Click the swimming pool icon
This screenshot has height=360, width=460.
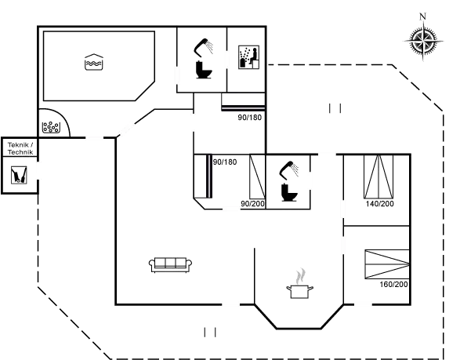click(x=94, y=62)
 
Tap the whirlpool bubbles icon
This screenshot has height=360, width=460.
click(x=52, y=127)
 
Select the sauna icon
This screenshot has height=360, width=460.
click(x=248, y=57)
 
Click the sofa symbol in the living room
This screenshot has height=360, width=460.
click(x=171, y=265)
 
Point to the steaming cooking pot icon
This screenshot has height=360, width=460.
click(x=300, y=284)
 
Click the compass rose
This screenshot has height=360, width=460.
click(x=423, y=41)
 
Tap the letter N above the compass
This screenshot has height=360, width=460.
click(x=422, y=16)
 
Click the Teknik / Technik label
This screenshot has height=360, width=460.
click(x=20, y=148)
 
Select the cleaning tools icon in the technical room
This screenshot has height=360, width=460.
click(x=19, y=175)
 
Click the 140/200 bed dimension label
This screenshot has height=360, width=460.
click(x=379, y=203)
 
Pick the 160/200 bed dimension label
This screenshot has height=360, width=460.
click(x=393, y=284)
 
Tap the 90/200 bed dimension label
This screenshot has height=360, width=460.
click(x=252, y=203)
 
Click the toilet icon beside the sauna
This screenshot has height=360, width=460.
click(x=204, y=70)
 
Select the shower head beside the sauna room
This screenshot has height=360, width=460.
click(x=203, y=47)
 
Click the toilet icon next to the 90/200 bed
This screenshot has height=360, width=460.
click(x=289, y=192)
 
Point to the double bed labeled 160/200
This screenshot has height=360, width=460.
click(x=387, y=264)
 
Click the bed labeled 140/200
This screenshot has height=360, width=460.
click(x=379, y=176)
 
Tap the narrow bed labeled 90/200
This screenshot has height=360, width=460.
click(x=258, y=176)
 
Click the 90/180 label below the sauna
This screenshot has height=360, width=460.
click(x=250, y=118)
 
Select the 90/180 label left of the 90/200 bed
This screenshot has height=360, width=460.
click(x=225, y=162)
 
